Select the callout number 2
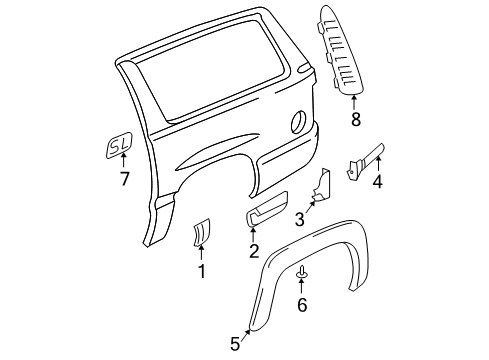(254, 279)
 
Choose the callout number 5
(235, 343)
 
